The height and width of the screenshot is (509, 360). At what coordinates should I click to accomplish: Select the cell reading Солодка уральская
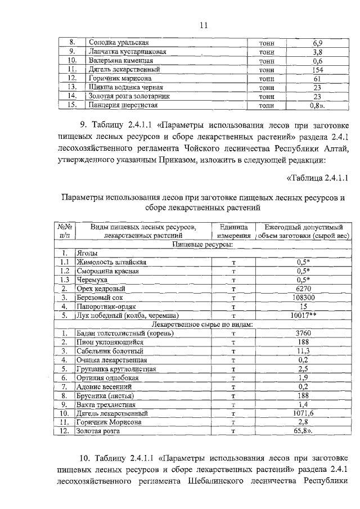pyautogui.click(x=119, y=43)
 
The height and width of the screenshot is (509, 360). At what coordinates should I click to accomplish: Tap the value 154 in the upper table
pyautogui.click(x=317, y=69)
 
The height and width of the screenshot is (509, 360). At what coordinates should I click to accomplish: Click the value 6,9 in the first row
pyautogui.click(x=317, y=43)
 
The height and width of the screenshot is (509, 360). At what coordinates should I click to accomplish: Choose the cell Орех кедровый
pyautogui.click(x=98, y=289)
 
